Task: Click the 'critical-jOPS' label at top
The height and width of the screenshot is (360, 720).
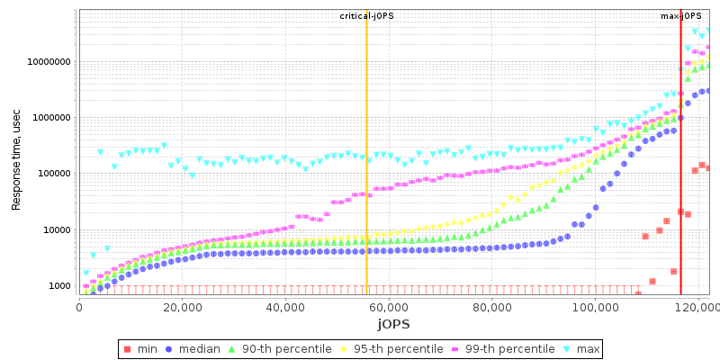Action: coord(366,16)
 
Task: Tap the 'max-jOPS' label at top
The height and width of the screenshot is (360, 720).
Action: coord(681,16)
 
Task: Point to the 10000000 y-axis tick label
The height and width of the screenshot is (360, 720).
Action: coord(49,62)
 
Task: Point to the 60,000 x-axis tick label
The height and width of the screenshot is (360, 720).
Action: coord(388,308)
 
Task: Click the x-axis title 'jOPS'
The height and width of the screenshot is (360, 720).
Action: coord(393,324)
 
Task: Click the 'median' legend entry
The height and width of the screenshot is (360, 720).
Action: coord(202,349)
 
